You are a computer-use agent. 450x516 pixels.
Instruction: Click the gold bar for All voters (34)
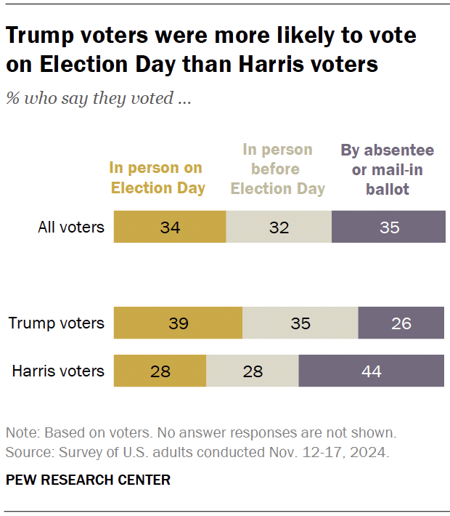point(170,227)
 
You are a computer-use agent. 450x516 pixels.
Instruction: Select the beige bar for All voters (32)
point(279,227)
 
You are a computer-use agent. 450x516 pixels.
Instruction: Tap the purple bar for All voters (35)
point(388,227)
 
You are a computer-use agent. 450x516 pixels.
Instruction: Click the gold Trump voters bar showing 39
point(178,323)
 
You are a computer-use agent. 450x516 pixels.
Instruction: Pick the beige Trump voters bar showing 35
point(300,323)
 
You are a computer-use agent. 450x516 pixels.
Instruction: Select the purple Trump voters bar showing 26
point(401,323)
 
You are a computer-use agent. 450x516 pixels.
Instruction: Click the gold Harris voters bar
point(160,371)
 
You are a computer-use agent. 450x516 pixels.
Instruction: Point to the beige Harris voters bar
point(252,371)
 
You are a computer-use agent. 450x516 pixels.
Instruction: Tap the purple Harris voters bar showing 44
point(371,371)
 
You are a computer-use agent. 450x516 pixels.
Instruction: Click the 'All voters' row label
point(71,227)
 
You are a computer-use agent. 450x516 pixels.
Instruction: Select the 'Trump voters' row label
point(57,323)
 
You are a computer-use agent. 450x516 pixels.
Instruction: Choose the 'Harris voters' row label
point(58,371)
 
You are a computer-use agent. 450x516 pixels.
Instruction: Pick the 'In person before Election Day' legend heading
point(277,169)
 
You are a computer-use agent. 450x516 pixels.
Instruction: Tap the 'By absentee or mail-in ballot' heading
point(388,169)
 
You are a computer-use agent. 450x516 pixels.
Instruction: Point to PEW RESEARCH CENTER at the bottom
point(88,480)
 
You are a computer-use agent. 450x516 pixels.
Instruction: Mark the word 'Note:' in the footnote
point(22,432)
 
